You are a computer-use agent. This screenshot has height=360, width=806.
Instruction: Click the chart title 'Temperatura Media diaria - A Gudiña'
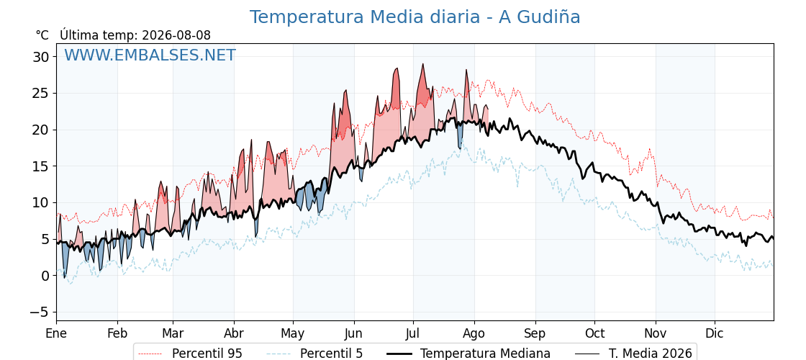pos(415,17)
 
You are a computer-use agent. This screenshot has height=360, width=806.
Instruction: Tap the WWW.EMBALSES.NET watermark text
pos(150,55)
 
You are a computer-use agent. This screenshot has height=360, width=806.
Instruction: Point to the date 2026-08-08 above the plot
pos(176,35)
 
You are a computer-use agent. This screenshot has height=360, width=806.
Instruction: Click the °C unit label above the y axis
pos(42,35)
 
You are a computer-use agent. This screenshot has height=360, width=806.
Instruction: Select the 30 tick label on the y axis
pos(41,57)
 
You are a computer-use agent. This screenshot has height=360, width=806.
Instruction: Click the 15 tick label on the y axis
pos(41,166)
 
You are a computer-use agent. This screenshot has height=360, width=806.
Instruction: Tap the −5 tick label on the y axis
pos(37,312)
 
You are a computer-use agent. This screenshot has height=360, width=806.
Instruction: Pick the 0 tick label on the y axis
pos(45,276)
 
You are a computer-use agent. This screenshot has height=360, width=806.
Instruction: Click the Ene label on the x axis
pos(56,333)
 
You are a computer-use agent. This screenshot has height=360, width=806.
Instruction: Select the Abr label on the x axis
pos(234,333)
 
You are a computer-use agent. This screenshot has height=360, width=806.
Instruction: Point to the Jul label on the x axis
pos(413,333)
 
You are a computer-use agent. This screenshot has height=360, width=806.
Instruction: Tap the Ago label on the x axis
pos(474,333)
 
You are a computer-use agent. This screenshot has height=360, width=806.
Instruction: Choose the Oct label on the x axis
pos(594,333)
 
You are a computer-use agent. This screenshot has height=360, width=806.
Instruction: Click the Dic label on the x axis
pos(715,333)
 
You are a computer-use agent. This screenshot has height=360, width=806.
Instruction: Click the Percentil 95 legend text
pos(207,354)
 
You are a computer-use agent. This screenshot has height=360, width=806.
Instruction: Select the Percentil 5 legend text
pos(331,354)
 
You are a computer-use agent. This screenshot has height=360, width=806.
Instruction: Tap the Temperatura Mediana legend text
pos(485,354)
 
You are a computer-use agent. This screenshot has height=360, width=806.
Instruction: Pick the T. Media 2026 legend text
pos(651,354)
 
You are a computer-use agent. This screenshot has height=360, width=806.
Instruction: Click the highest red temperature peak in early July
pos(422,64)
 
